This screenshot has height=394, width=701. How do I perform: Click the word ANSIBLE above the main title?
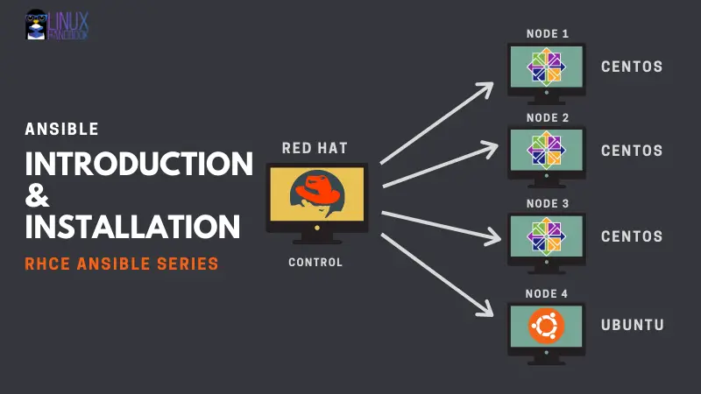[x=61, y=129]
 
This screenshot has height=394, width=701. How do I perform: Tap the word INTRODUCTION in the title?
[x=138, y=163]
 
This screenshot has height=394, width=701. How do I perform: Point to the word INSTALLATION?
[x=132, y=227]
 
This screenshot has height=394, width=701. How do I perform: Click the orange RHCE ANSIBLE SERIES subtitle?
[x=122, y=263]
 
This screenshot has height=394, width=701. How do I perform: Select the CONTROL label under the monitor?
[x=316, y=263]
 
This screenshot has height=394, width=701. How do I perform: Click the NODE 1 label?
[x=547, y=33]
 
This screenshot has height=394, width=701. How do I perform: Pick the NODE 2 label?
[x=547, y=117]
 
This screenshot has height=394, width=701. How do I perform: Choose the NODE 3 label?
[x=547, y=203]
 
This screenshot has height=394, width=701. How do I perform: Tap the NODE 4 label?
[x=547, y=293]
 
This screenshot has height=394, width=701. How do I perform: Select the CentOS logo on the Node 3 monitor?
[x=547, y=237]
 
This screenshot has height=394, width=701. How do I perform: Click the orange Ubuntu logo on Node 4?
[x=547, y=327]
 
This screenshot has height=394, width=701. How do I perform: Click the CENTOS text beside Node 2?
[x=632, y=151]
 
